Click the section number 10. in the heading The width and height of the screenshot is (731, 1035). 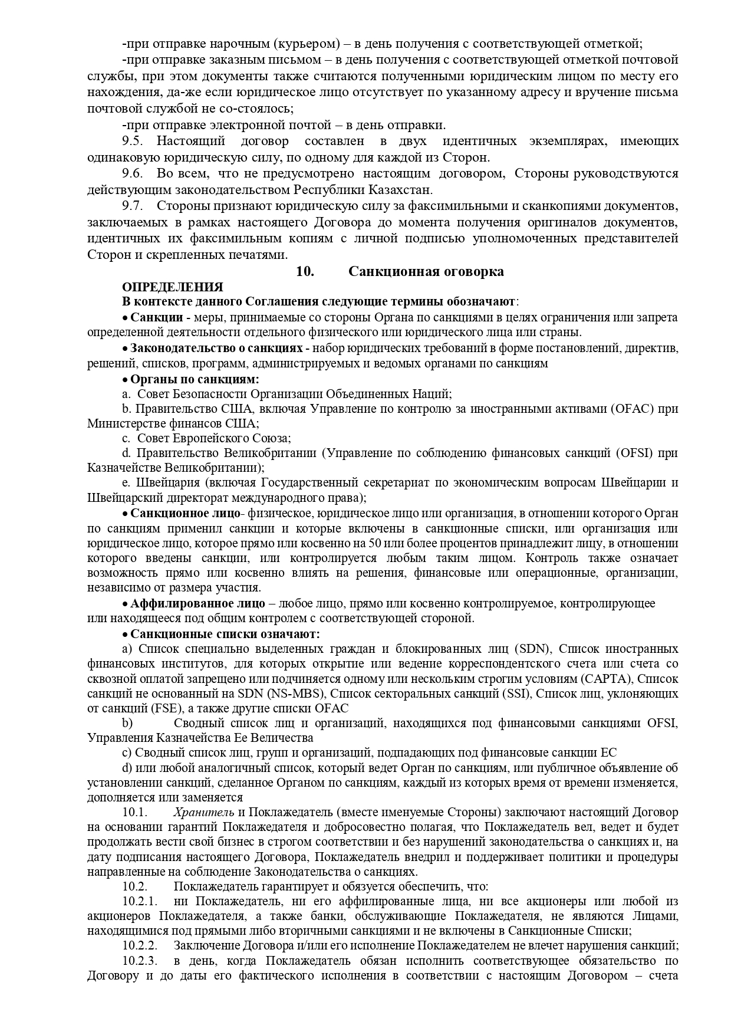(x=305, y=272)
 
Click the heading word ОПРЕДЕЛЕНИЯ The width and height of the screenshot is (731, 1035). (x=172, y=287)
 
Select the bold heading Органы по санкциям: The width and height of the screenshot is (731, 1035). (x=195, y=379)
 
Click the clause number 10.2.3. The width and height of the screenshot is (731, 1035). (x=140, y=961)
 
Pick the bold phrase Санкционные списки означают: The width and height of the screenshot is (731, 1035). (x=225, y=634)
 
